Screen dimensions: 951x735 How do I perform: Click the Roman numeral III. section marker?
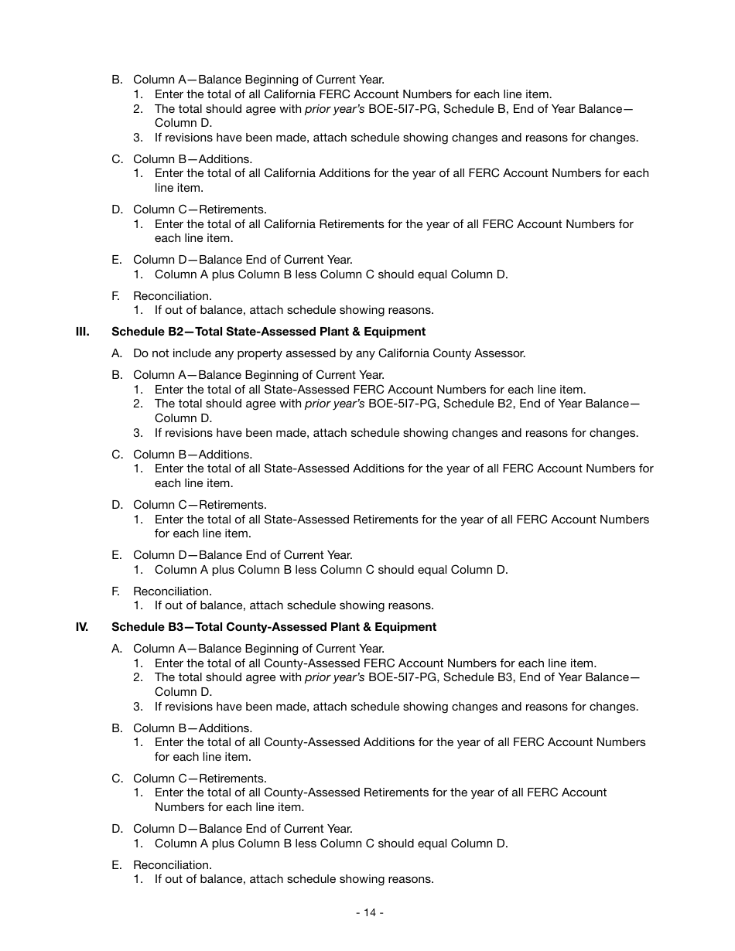pos(83,332)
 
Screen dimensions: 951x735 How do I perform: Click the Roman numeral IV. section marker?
pos(83,627)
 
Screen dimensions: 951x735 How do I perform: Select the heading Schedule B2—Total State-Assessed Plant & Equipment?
pos(268,332)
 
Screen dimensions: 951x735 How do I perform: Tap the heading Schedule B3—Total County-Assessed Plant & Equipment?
pos(274,627)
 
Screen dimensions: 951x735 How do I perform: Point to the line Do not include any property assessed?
pos(329,353)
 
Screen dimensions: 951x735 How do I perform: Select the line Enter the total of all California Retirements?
pos(394,224)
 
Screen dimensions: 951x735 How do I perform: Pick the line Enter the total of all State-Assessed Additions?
pos(404,469)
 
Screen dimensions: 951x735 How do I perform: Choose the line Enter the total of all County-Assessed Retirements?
pos(381,792)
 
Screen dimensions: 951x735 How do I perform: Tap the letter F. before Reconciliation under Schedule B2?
pos(116,591)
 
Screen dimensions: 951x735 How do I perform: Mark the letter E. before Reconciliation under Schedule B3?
pos(117,865)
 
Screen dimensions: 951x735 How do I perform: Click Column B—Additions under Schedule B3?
pos(193,728)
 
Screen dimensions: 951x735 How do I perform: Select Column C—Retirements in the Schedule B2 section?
pos(200,505)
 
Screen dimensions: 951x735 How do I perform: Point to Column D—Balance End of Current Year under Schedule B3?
pos(242,829)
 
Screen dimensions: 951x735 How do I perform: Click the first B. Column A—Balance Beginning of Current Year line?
pos(258,80)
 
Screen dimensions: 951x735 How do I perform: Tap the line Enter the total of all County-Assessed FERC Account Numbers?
pos(375,663)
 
